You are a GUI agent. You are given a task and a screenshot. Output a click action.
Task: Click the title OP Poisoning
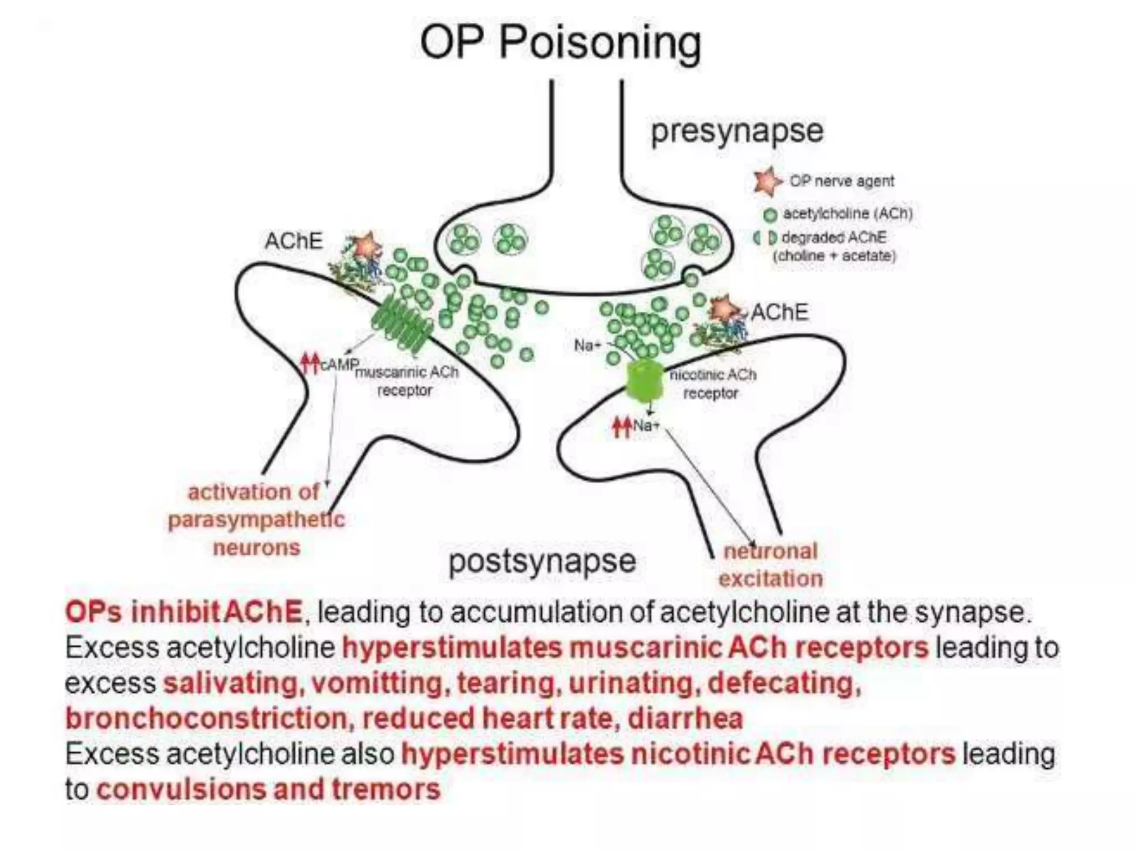pyautogui.click(x=560, y=43)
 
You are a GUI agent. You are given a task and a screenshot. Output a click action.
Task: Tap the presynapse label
pyautogui.click(x=737, y=132)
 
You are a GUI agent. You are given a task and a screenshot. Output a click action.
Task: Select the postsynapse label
pyautogui.click(x=542, y=561)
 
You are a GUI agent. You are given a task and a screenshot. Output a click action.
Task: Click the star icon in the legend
pyautogui.click(x=767, y=181)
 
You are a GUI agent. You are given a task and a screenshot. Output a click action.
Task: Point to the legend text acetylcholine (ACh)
pyautogui.click(x=847, y=214)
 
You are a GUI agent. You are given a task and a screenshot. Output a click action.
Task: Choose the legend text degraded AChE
pyautogui.click(x=834, y=238)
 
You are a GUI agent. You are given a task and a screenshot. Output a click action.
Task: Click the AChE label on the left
pyautogui.click(x=293, y=241)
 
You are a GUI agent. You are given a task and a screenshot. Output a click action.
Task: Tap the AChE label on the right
pyautogui.click(x=779, y=312)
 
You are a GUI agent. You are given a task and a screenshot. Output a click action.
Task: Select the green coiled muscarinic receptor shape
pyautogui.click(x=402, y=326)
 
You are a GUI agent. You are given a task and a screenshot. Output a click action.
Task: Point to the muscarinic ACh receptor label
pyautogui.click(x=406, y=381)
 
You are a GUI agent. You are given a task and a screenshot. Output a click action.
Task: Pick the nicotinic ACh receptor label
pyautogui.click(x=712, y=384)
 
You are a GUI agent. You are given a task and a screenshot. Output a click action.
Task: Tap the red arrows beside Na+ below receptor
pyautogui.click(x=621, y=427)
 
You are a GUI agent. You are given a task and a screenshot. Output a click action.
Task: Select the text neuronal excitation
pyautogui.click(x=770, y=565)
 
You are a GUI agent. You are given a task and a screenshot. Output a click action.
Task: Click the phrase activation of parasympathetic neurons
pyautogui.click(x=256, y=520)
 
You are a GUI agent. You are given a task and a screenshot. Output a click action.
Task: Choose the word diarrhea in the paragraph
pyautogui.click(x=685, y=719)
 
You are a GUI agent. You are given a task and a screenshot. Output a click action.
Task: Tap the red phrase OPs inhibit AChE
pyautogui.click(x=184, y=612)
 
